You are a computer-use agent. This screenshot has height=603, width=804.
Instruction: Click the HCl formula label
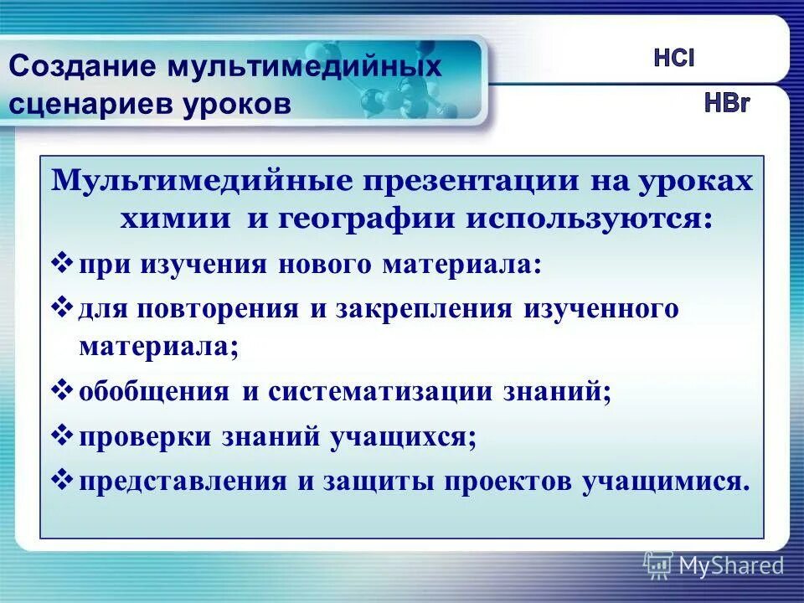click(x=674, y=60)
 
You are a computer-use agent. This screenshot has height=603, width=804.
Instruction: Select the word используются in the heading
click(x=594, y=219)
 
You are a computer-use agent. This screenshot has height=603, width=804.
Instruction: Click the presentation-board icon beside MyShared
click(x=658, y=565)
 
